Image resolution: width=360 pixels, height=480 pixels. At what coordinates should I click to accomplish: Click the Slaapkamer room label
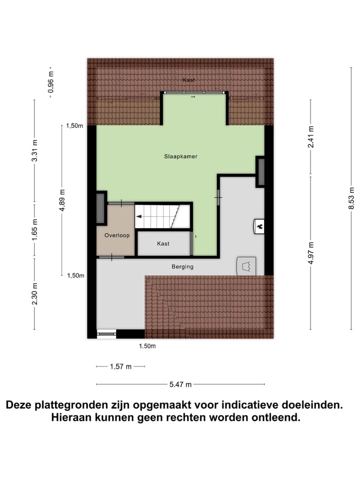click(180, 156)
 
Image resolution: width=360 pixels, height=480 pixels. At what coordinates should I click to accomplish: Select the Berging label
click(182, 267)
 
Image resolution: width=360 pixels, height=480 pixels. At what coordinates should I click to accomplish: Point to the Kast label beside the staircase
click(163, 244)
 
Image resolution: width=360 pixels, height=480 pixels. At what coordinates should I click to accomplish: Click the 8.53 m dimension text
click(351, 197)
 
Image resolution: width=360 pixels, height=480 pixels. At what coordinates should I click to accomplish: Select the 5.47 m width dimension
click(180, 384)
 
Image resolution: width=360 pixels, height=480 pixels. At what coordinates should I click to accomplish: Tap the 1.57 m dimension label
click(120, 366)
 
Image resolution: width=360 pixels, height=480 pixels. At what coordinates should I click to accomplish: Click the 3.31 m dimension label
click(34, 151)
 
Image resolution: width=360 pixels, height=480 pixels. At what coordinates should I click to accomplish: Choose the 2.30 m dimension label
click(34, 293)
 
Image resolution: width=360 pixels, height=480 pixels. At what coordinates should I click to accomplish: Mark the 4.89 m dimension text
click(62, 200)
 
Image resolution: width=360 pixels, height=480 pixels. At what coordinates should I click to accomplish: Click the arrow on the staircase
click(139, 216)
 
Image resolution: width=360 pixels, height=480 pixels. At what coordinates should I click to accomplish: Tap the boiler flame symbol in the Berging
click(259, 226)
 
